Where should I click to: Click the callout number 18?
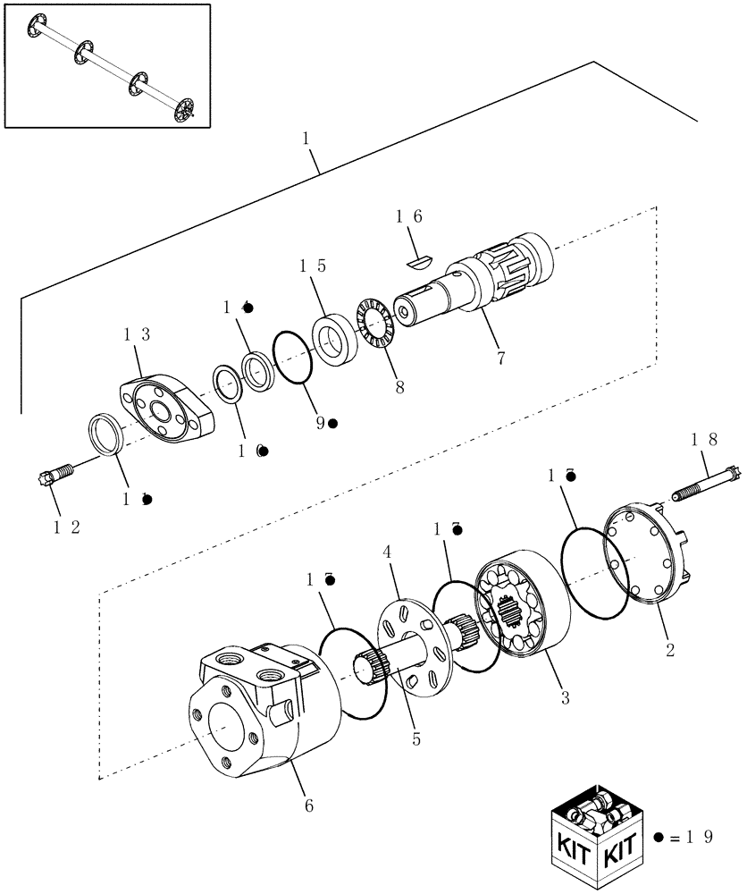pos(705,439)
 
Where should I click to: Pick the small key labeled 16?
pos(416,260)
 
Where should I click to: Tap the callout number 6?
pos(309,805)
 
